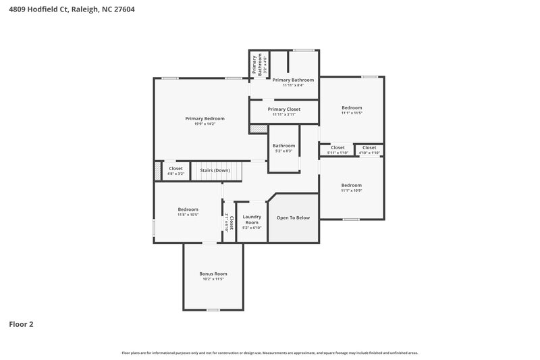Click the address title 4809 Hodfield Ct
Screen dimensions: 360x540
tap(57, 8)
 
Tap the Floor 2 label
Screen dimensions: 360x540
tap(21, 324)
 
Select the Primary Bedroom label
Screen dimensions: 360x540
tap(205, 118)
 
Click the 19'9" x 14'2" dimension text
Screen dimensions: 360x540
tap(205, 124)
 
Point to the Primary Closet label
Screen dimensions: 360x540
tap(283, 109)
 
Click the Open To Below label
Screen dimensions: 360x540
tap(294, 217)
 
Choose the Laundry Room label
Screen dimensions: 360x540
tap(252, 220)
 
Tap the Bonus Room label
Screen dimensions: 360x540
tap(213, 274)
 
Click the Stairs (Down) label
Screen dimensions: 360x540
tap(215, 170)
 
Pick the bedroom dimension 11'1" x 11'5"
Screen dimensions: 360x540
tap(352, 113)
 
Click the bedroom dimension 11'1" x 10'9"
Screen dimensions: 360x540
tap(352, 191)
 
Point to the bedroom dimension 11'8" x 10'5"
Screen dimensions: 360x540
tap(188, 215)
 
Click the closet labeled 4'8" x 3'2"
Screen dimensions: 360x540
tap(175, 171)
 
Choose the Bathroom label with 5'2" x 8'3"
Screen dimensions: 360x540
tap(283, 148)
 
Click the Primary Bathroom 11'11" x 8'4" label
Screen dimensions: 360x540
tap(293, 82)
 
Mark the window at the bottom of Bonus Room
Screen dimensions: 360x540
tap(213, 310)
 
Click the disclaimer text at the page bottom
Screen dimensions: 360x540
tap(270, 353)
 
